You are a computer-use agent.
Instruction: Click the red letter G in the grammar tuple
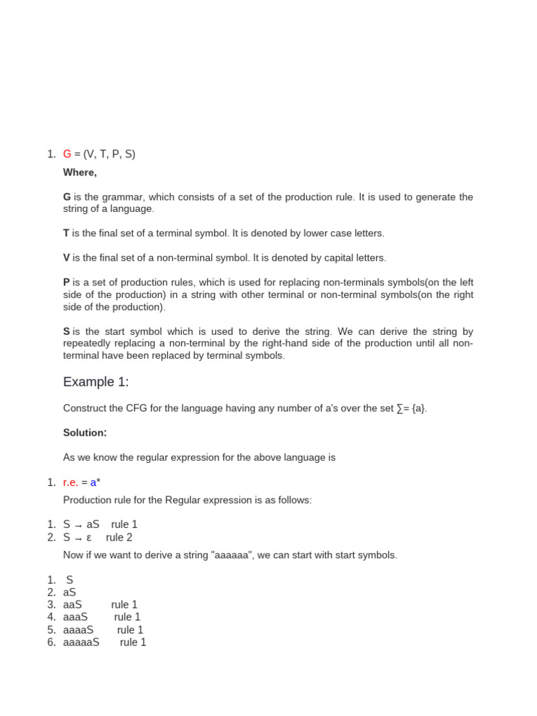pos(67,154)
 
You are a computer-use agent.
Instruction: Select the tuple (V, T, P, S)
pos(109,154)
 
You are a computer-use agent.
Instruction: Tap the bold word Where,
pos(80,172)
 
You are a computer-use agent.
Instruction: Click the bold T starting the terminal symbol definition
pos(66,233)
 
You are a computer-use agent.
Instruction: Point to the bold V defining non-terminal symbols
pos(66,258)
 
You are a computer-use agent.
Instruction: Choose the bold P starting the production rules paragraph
pos(66,282)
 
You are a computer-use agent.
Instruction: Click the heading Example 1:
pos(96,382)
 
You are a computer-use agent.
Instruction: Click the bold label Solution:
pos(85,433)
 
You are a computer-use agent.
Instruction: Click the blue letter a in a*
pos(93,482)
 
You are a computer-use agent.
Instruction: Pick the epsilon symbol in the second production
pos(89,538)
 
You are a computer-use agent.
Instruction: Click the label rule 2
pos(119,538)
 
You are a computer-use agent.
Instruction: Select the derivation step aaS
pos(73,605)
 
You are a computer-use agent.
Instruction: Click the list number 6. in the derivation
pos(52,643)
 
